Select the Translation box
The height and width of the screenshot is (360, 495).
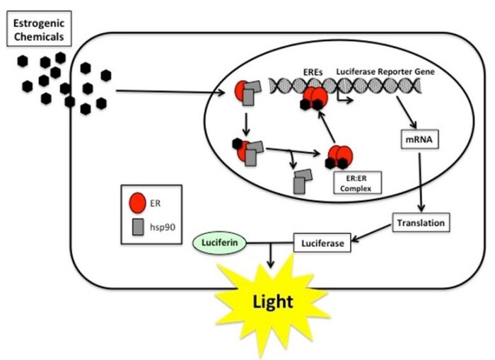click(x=421, y=223)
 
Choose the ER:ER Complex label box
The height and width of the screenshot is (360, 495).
click(x=354, y=183)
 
